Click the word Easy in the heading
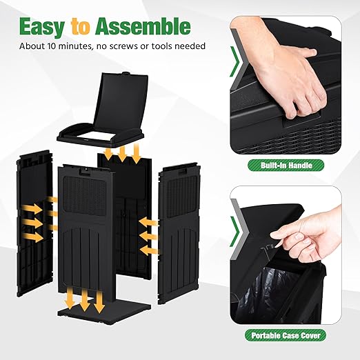[42, 27]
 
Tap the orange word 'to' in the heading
[80, 27]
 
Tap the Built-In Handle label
[286, 166]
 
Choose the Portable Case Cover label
[286, 335]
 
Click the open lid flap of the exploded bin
[121, 101]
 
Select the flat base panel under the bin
[104, 309]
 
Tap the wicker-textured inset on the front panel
[85, 195]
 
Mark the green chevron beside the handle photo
[234, 62]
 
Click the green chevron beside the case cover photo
[235, 232]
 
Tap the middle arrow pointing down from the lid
[122, 153]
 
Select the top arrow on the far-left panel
[32, 209]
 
